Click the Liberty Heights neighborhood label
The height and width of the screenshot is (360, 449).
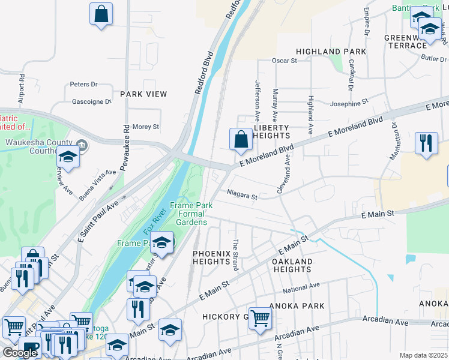[271, 132]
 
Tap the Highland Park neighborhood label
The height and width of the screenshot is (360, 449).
[331, 52]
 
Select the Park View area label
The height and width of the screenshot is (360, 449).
[143, 94]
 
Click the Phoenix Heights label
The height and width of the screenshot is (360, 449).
[212, 258]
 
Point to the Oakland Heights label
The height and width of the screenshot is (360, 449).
[292, 266]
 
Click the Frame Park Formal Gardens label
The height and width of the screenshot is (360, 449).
[191, 214]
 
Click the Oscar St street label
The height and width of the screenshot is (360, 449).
[285, 61]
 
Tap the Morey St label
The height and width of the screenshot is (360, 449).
[145, 127]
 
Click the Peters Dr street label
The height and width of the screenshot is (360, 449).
[83, 85]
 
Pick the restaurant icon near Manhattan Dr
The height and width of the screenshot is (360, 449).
[426, 143]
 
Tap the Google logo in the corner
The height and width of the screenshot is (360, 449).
[20, 353]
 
